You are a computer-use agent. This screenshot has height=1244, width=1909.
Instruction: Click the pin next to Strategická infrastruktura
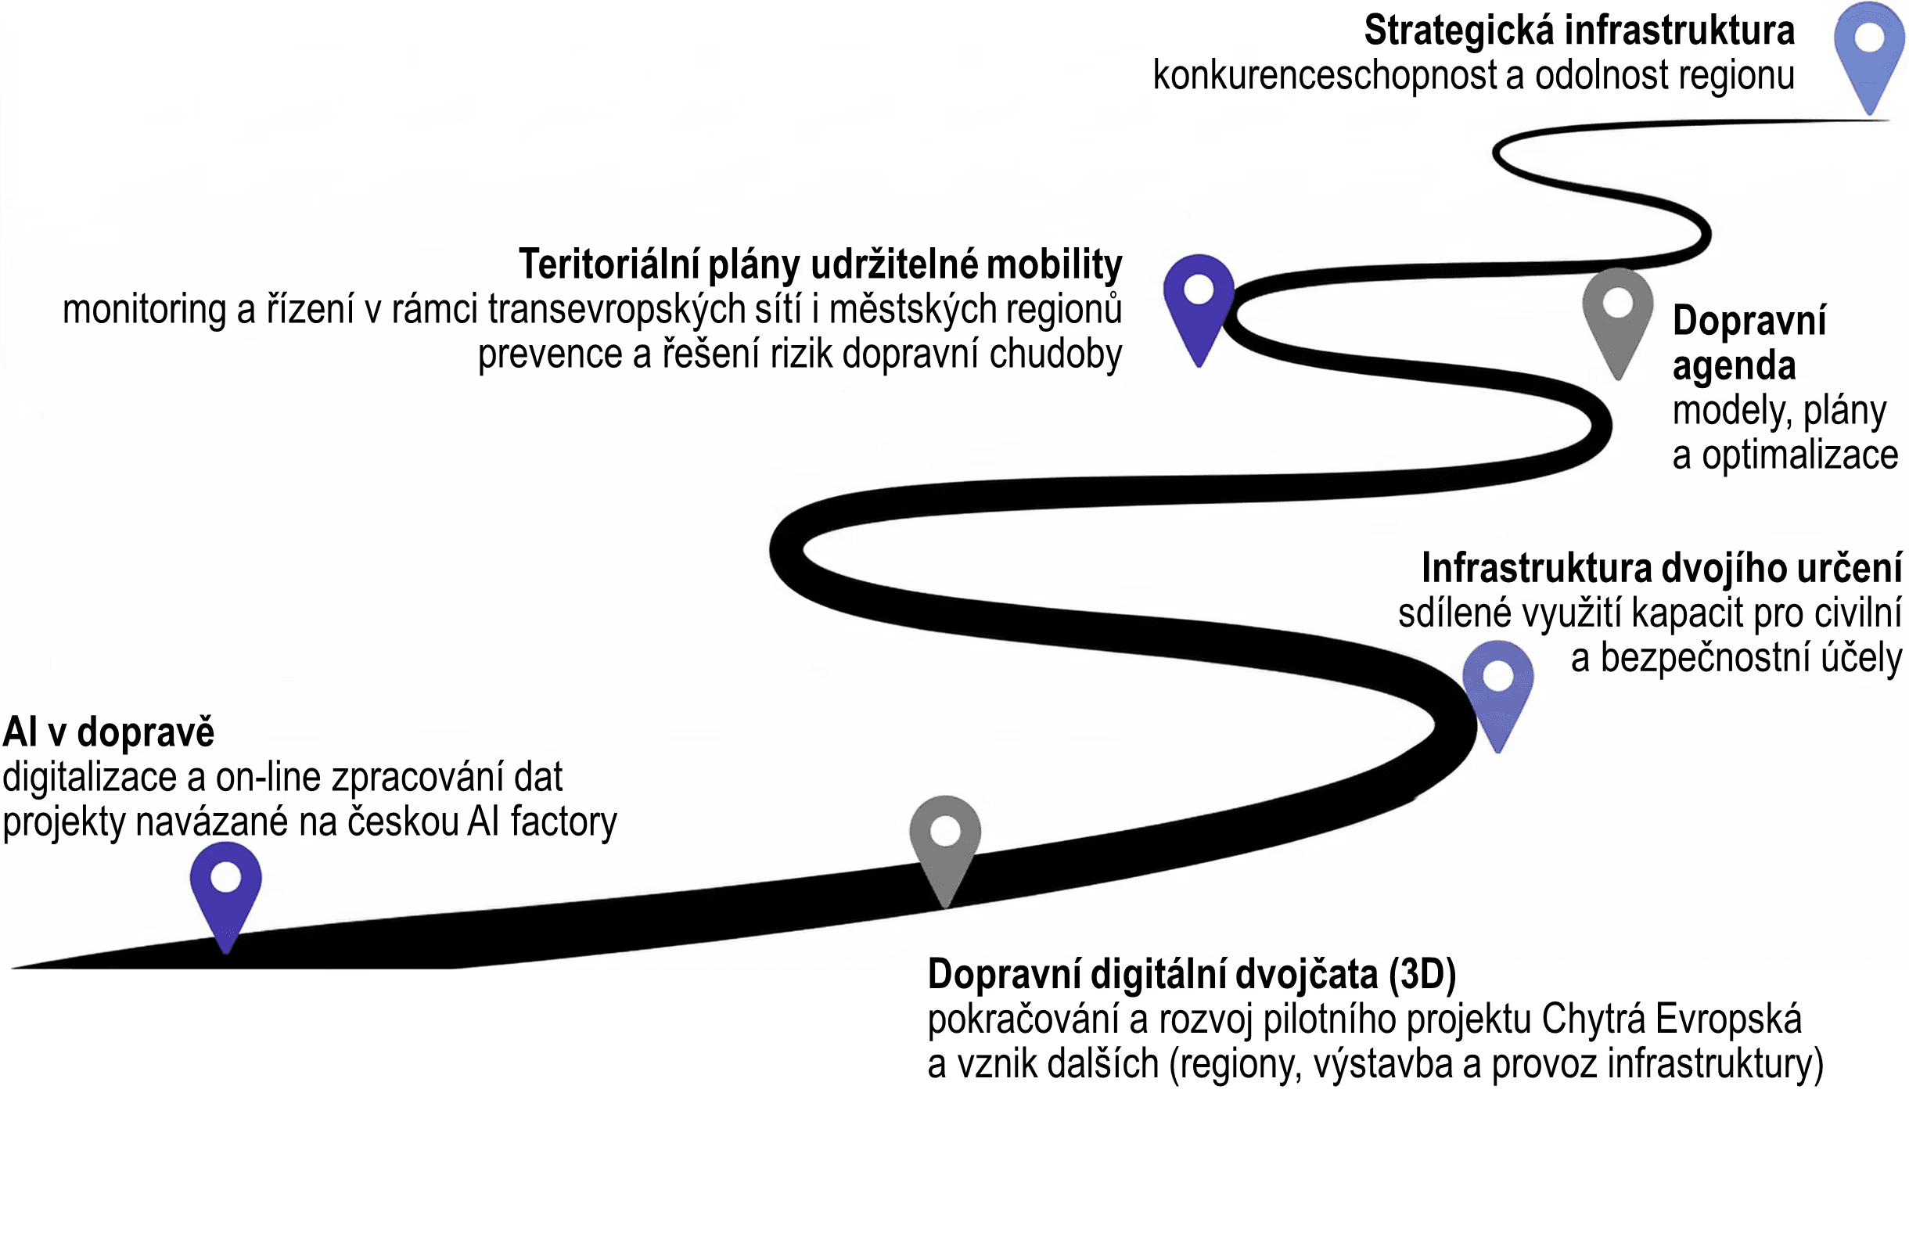(x=1869, y=49)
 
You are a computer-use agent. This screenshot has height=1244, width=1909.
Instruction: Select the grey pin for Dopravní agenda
(x=1617, y=313)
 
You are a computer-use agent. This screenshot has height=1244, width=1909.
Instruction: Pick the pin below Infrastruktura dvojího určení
(x=1497, y=685)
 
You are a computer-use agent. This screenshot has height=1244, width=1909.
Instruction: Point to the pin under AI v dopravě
(x=225, y=887)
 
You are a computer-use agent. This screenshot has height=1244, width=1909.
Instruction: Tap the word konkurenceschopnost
(x=1325, y=75)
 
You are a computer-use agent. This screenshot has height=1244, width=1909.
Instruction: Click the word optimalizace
(x=1800, y=455)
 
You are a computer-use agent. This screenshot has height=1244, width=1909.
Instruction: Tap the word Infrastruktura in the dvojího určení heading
(x=1535, y=568)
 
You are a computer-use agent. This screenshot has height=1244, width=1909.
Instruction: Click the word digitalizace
(x=89, y=777)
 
